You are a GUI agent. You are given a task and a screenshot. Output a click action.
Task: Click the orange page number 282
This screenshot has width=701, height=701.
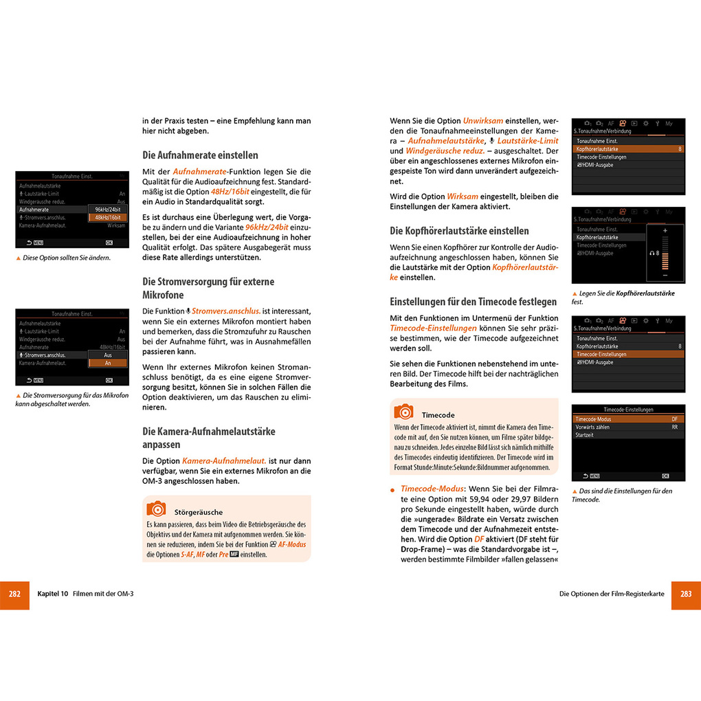click(x=14, y=594)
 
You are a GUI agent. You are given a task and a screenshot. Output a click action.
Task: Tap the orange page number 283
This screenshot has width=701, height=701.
click(x=686, y=594)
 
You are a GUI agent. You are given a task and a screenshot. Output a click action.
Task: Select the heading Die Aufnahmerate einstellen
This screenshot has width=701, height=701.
click(x=200, y=155)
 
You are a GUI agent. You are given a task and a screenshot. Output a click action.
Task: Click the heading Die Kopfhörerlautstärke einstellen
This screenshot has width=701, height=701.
click(x=459, y=231)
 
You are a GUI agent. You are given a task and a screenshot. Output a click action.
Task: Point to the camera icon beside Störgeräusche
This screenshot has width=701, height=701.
click(x=156, y=509)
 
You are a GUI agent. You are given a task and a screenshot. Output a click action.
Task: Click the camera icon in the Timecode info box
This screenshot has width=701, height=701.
click(x=403, y=412)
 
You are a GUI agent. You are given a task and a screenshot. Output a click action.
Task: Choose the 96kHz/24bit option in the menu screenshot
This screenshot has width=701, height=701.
click(x=108, y=209)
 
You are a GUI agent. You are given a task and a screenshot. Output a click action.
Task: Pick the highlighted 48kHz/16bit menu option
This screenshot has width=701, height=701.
click(x=108, y=217)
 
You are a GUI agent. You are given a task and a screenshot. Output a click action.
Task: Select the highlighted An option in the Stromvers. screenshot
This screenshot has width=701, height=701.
click(x=108, y=363)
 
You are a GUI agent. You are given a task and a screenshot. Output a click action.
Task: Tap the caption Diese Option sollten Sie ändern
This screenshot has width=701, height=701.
click(x=66, y=258)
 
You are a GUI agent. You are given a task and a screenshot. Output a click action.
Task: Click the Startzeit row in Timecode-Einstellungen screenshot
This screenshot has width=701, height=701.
click(x=585, y=435)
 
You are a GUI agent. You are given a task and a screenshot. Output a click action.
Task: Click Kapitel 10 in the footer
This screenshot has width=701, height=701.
click(x=52, y=594)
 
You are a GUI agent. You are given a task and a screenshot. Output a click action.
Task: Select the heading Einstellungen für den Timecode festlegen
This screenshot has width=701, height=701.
click(x=473, y=302)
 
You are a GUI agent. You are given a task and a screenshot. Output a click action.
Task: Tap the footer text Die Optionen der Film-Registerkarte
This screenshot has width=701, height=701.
click(x=612, y=594)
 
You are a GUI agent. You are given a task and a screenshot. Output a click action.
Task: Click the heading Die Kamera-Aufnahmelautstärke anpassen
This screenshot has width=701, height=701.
click(x=209, y=438)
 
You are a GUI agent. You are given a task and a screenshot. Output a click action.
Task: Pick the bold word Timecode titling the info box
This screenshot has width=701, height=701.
click(x=438, y=415)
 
